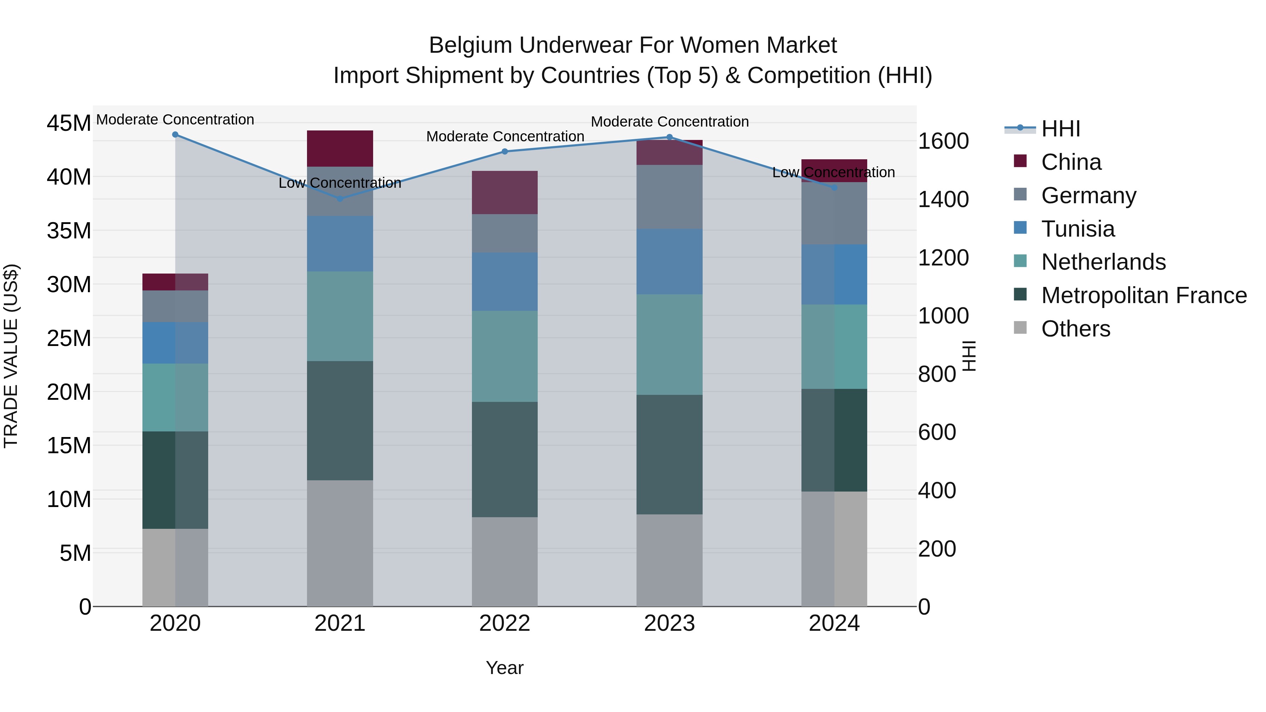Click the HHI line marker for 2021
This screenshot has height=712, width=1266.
[x=340, y=199]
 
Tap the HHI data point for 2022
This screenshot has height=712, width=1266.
[x=504, y=151]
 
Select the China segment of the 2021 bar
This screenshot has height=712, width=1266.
[x=340, y=148]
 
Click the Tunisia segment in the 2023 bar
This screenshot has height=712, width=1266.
[x=669, y=261]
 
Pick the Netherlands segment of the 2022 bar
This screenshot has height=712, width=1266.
[x=504, y=356]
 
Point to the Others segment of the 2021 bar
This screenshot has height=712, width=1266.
[x=340, y=543]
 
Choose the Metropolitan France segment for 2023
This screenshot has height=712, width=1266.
[x=669, y=455]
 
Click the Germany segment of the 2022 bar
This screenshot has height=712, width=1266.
[x=504, y=233]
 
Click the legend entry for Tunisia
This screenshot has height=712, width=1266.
[x=1078, y=229]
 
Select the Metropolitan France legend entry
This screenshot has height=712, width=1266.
[x=1144, y=295]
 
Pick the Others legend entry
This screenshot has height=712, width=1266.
[x=1075, y=329]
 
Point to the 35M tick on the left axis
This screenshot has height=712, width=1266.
[x=69, y=230]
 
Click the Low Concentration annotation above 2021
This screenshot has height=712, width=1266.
[x=340, y=183]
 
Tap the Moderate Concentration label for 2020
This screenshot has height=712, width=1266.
[x=175, y=120]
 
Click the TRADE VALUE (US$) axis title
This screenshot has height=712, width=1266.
[x=11, y=356]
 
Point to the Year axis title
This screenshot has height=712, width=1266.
[x=504, y=668]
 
